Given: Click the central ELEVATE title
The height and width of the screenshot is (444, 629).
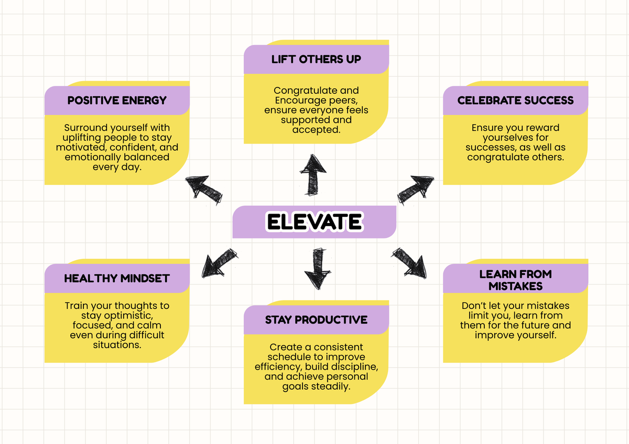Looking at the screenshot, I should tap(314, 222).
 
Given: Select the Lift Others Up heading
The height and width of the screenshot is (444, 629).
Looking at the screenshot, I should tap(316, 59).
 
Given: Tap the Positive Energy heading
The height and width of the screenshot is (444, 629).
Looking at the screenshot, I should tap(117, 101).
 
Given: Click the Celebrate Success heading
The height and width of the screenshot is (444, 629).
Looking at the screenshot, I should tap(515, 101).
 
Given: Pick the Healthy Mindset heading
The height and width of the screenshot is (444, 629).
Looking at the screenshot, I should tap(117, 279).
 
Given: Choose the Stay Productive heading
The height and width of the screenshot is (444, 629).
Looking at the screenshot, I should tap(316, 319).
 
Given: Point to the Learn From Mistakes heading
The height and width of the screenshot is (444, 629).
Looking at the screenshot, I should tap(515, 280).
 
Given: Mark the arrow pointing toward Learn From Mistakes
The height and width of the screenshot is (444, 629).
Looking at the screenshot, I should tap(409, 262).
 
